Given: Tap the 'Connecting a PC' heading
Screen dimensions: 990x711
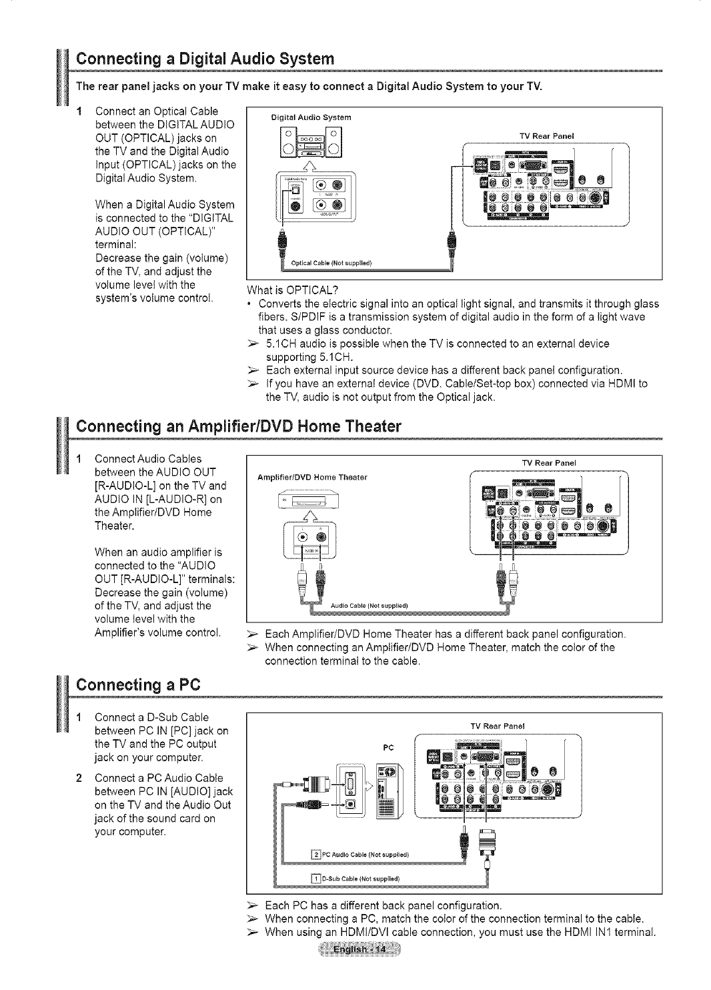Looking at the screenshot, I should coord(138,684).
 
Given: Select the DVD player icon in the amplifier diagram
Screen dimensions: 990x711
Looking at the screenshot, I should coord(305,500).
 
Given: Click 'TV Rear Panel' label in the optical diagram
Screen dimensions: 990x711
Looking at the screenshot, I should coord(552,135).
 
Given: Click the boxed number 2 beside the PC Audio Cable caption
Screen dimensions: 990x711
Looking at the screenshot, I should coord(317,854).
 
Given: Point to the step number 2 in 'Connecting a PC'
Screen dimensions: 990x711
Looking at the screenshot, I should coord(79,778).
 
